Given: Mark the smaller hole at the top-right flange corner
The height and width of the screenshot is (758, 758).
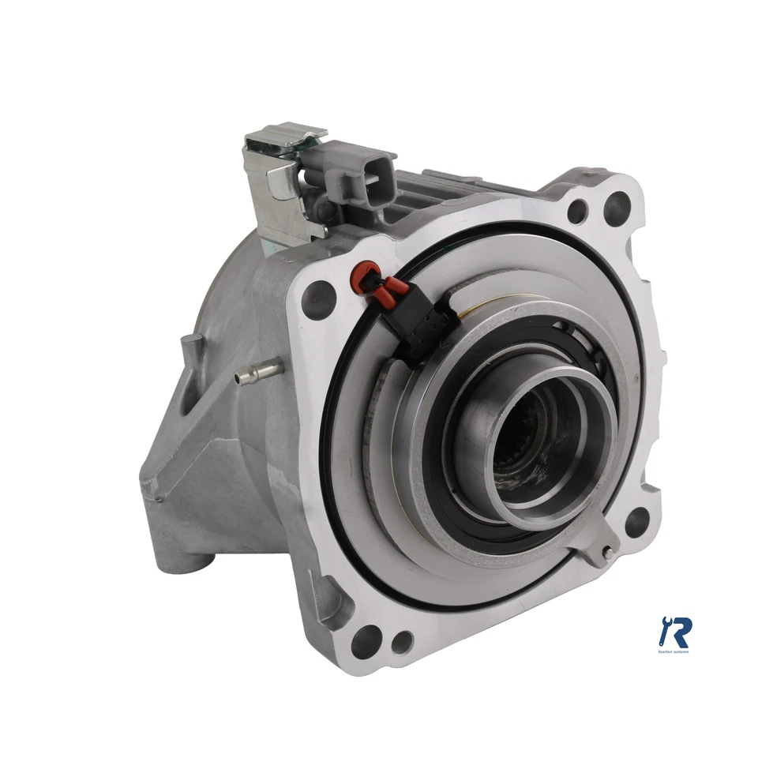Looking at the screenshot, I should coord(578,211).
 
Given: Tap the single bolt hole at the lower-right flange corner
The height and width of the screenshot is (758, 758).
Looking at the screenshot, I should coord(638,520).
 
